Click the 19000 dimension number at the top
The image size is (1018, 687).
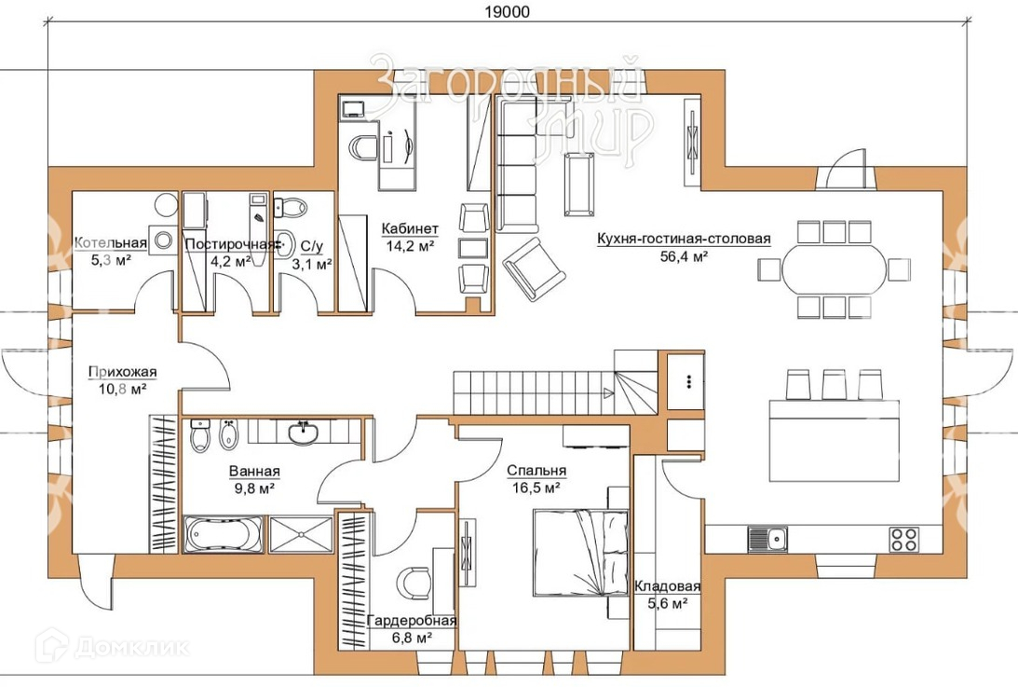coord(507,12)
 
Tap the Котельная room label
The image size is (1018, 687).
coord(111,243)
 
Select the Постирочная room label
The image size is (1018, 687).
coord(230,244)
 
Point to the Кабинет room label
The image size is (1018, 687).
coord(410,228)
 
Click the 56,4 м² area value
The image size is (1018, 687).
coord(684,256)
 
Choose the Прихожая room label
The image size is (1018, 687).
coord(123,373)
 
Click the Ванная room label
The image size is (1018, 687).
coord(254,472)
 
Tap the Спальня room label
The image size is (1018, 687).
coord(536,471)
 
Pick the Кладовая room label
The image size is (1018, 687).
coord(668,586)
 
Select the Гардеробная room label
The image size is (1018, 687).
coord(412,621)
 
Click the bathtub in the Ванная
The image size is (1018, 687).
coord(224,534)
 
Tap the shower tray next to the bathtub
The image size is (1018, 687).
coord(301,534)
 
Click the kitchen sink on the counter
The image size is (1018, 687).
coord(767,539)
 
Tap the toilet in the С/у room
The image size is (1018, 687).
coord(291,208)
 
